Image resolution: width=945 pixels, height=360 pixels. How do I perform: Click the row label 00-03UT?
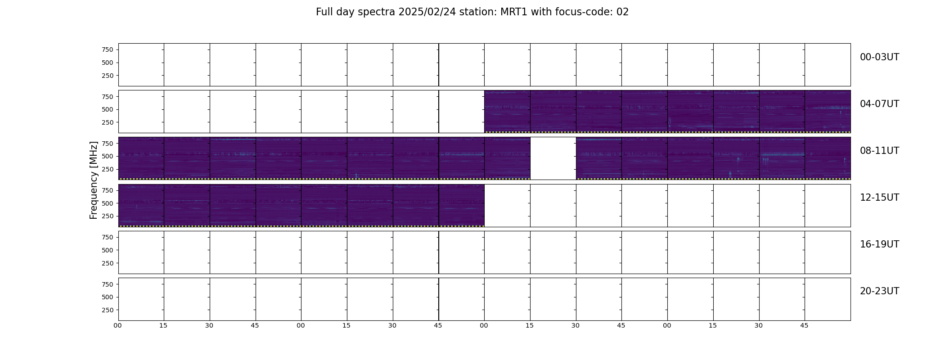click(x=879, y=57)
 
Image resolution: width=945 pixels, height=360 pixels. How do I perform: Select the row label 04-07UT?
click(x=879, y=104)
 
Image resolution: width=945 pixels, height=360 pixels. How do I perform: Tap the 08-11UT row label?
click(x=879, y=151)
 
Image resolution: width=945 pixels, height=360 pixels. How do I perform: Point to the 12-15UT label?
click(x=879, y=198)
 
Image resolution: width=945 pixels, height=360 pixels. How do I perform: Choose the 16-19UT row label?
click(x=879, y=244)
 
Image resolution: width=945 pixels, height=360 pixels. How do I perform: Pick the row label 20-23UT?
click(x=879, y=291)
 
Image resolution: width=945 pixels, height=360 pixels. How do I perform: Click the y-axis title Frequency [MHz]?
click(x=94, y=180)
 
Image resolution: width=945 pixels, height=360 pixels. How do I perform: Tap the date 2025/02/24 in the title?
click(x=427, y=12)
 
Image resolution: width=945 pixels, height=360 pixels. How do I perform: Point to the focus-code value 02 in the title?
click(x=622, y=12)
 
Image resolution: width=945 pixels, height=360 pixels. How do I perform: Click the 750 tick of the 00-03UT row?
click(x=108, y=49)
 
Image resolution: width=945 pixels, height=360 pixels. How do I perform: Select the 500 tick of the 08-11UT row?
click(x=108, y=156)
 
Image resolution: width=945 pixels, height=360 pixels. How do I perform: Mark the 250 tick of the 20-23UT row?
click(x=108, y=310)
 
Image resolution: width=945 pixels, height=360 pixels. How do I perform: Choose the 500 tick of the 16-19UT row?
click(x=108, y=250)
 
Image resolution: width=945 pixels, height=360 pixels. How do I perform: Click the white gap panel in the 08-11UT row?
click(x=553, y=158)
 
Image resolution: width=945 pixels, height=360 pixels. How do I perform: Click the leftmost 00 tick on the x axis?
click(x=118, y=325)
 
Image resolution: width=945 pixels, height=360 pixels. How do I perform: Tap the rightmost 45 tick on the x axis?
click(x=804, y=325)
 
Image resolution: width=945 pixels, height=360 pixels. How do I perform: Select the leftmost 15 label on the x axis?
click(x=163, y=325)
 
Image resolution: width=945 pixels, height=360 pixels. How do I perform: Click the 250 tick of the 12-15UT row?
click(x=108, y=216)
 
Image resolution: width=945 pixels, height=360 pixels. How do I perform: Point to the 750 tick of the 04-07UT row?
click(x=108, y=97)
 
